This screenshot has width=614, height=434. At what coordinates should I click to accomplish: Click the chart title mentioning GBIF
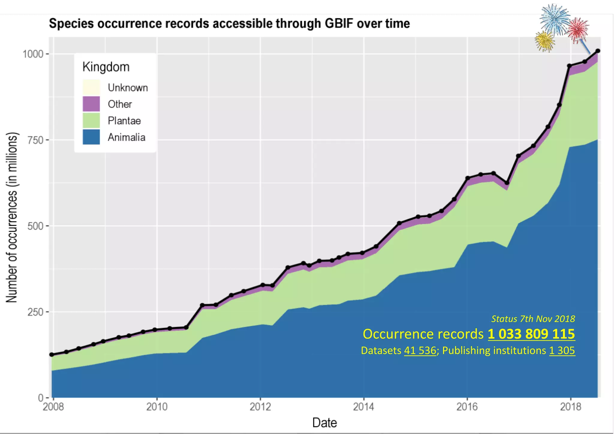tap(229, 23)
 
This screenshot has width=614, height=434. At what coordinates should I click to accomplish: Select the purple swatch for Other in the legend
tap(91, 104)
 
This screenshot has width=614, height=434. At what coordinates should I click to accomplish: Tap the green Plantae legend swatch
tap(91, 120)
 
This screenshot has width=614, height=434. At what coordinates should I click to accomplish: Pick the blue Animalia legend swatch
tap(91, 137)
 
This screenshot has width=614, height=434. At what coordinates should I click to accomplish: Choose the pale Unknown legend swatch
tap(91, 88)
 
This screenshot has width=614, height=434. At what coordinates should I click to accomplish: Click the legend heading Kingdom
tap(106, 67)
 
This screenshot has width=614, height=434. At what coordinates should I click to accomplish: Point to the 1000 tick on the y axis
tap(33, 54)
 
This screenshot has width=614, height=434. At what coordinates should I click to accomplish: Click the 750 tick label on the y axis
tap(35, 140)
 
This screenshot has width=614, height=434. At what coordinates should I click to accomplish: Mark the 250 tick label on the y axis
tap(35, 312)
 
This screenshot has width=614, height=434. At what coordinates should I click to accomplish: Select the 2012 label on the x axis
tap(260, 407)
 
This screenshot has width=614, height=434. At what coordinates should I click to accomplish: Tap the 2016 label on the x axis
tap(467, 407)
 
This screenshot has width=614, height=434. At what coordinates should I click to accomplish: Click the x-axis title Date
tap(324, 423)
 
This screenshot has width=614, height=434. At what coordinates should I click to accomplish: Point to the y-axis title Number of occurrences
tap(12, 217)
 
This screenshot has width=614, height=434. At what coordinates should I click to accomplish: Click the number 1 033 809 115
tap(531, 334)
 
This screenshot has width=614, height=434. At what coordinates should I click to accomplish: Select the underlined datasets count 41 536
tap(420, 350)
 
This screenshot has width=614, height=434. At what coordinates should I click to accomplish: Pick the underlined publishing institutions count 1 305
tap(562, 350)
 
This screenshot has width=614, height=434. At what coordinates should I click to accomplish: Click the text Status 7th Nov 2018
tap(533, 319)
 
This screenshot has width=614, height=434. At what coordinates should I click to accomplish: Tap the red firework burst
tap(578, 29)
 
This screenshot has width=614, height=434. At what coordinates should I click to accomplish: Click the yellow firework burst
tap(545, 41)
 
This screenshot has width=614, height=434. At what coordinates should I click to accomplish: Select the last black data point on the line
tap(598, 51)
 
